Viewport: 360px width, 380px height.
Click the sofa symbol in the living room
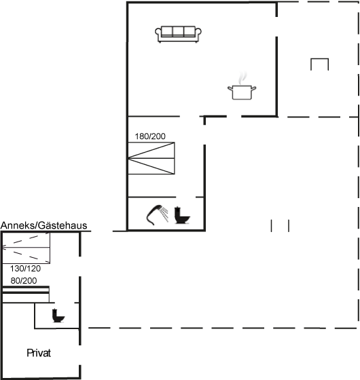click(x=178, y=34)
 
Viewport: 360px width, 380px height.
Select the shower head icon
click(x=154, y=215)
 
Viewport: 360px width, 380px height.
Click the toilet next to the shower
click(x=182, y=215)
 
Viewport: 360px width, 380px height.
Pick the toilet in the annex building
click(x=58, y=316)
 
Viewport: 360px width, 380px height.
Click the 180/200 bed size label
click(x=150, y=136)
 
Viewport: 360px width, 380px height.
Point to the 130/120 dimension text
click(x=26, y=269)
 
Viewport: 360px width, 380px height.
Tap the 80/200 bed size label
click(x=24, y=281)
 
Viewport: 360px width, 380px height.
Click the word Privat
click(x=39, y=353)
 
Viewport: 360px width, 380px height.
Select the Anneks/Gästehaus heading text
click(x=43, y=225)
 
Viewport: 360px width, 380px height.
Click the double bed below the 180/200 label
click(x=151, y=158)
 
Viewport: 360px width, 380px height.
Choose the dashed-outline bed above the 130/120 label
click(x=26, y=248)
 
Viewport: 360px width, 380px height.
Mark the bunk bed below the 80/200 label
click(x=26, y=294)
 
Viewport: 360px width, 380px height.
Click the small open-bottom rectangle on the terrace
click(x=320, y=59)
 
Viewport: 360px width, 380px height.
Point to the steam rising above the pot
click(x=242, y=78)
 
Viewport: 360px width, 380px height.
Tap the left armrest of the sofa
click(x=158, y=33)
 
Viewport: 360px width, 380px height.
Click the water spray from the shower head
click(x=165, y=214)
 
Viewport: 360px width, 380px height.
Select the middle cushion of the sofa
click(x=178, y=31)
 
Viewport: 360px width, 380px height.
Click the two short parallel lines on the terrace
click(x=280, y=226)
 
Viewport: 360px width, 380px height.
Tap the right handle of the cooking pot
click(x=253, y=89)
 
